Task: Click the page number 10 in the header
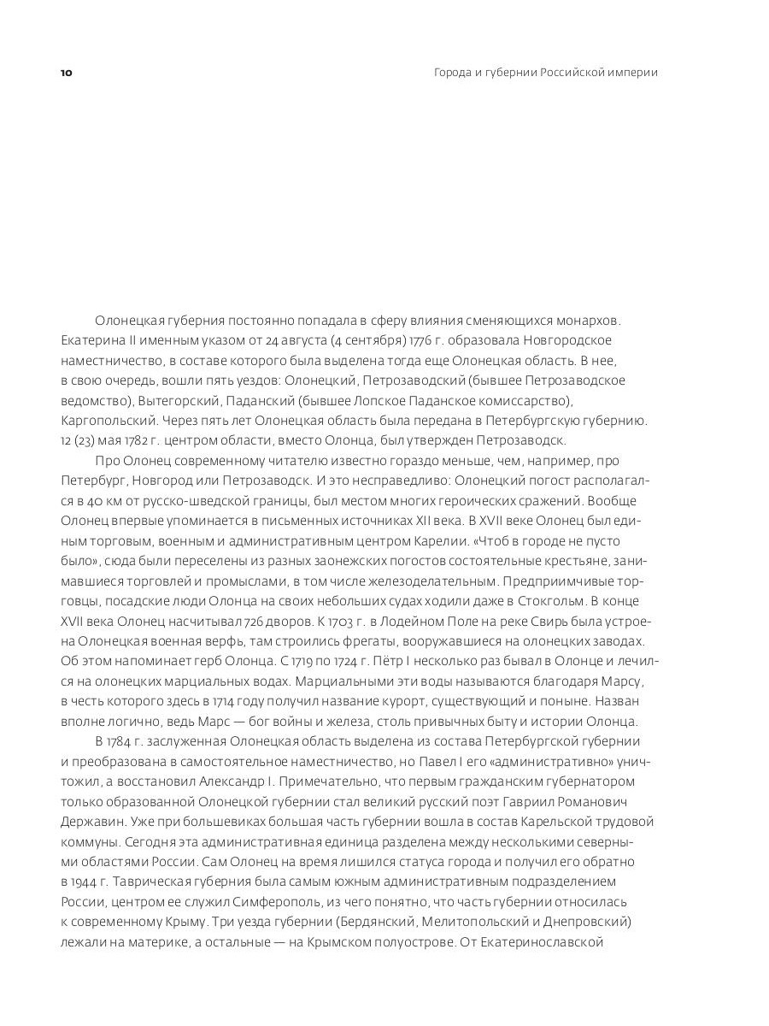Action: pos(67,73)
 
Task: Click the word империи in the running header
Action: pos(631,73)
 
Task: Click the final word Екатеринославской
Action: pos(543,941)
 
